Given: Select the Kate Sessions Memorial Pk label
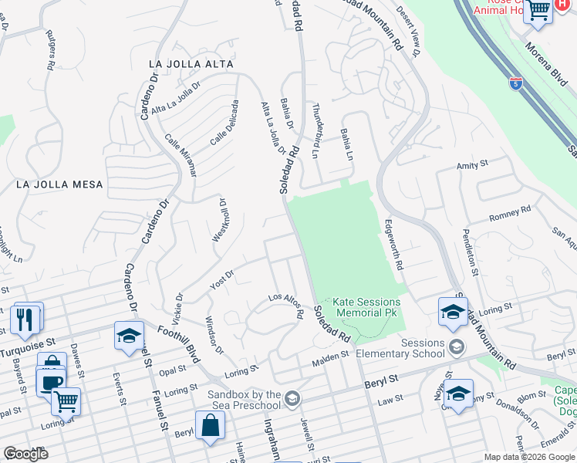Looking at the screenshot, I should [x=366, y=307].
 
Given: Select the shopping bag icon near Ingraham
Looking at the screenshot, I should [x=210, y=425].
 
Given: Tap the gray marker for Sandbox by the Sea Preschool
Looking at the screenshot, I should [x=292, y=399].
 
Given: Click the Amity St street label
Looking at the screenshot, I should [x=473, y=164].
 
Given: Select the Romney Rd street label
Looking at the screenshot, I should [x=510, y=214].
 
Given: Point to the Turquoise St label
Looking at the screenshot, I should [x=29, y=340].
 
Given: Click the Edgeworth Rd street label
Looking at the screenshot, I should [x=394, y=243].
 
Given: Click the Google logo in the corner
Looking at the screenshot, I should [x=25, y=454].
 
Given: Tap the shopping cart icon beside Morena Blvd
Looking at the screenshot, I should [x=538, y=11].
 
